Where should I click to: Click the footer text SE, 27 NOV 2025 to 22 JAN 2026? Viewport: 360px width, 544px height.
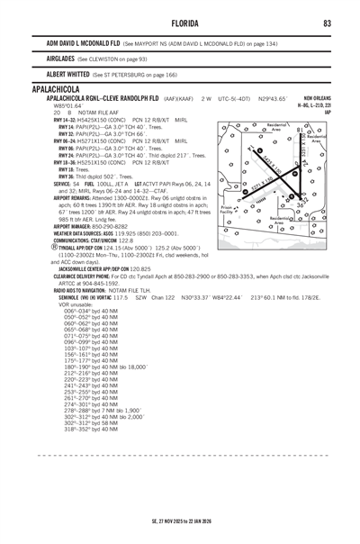(180, 520)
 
